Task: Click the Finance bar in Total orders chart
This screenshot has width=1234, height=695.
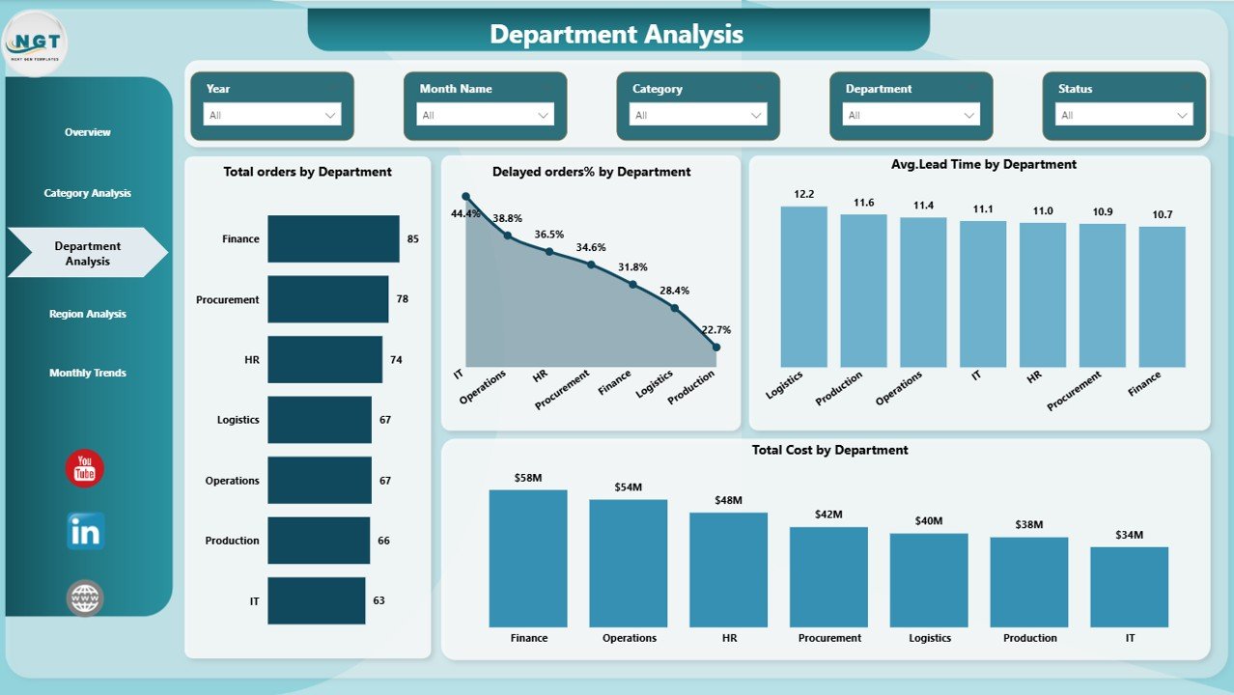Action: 333,238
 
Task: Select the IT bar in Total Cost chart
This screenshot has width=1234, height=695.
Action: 1129,587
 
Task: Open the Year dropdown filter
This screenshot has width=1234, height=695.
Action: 272,115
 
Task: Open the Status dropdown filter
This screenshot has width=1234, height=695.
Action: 1123,115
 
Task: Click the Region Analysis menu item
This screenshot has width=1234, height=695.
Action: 88,314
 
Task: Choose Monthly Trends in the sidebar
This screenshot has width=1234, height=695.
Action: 88,373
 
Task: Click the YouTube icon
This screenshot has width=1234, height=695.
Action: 85,468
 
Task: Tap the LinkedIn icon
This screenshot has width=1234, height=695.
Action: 85,531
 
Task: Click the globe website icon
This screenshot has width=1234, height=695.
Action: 85,598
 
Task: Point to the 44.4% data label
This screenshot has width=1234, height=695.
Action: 465,213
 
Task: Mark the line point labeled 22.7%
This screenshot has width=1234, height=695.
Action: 715,347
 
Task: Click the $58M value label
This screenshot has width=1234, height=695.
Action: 527,478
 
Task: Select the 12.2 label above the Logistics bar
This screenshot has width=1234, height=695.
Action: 803,194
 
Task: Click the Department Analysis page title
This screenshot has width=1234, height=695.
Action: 616,35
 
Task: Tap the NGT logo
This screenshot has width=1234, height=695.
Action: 36,43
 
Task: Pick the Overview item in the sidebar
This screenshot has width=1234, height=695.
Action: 88,132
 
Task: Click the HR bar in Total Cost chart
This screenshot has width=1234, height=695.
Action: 728,570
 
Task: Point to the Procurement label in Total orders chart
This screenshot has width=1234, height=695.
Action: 227,299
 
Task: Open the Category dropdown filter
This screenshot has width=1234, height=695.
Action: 698,115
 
